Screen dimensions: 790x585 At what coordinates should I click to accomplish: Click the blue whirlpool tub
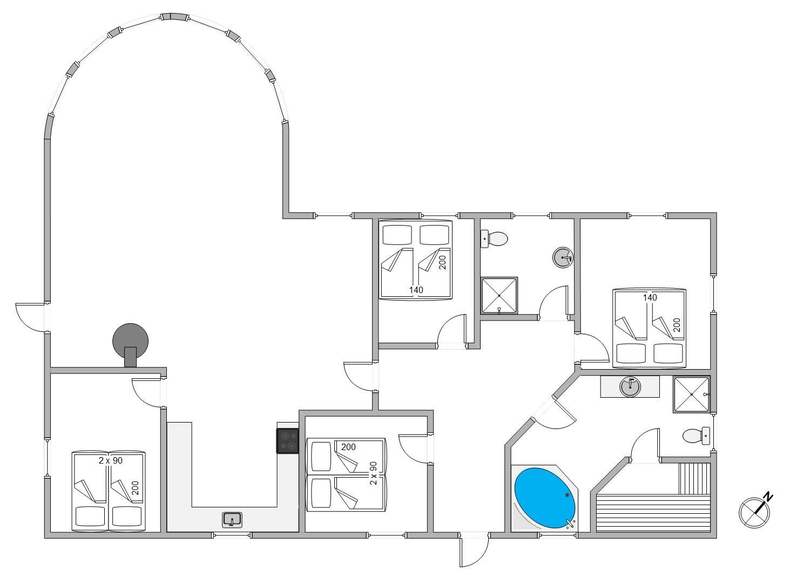click(x=545, y=498)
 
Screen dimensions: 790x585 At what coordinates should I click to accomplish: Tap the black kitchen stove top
click(x=288, y=441)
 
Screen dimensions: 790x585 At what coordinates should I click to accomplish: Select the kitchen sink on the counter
click(x=232, y=520)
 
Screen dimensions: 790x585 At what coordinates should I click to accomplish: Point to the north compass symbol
click(x=754, y=512)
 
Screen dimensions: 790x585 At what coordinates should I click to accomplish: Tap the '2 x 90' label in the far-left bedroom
click(x=110, y=460)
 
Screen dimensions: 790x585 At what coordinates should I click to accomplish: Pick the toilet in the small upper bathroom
click(x=494, y=239)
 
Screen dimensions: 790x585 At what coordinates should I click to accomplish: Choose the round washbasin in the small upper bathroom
click(x=563, y=257)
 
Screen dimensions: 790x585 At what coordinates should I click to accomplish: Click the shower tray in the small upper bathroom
click(x=499, y=296)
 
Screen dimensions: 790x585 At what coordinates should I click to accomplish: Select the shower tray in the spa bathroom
click(x=691, y=394)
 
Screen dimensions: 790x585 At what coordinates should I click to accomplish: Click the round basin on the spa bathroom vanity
click(x=630, y=386)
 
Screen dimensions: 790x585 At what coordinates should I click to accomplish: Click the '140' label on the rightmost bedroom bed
click(x=650, y=297)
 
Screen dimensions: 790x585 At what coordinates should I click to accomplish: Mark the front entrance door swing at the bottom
click(x=474, y=550)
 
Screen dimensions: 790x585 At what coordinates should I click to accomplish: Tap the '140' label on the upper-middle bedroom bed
click(x=416, y=290)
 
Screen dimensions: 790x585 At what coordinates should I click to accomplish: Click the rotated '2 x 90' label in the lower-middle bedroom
click(x=373, y=473)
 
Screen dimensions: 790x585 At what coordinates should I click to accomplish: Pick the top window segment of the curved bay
click(x=174, y=17)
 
